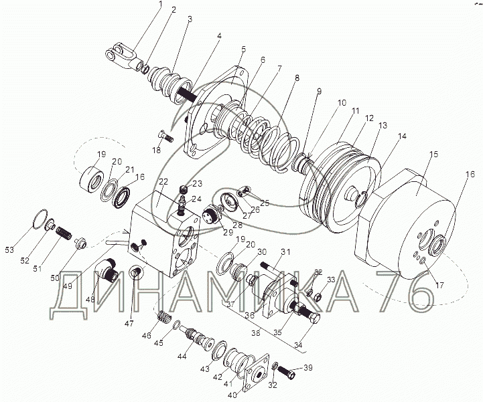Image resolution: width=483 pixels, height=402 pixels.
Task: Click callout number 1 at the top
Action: tap(161, 4)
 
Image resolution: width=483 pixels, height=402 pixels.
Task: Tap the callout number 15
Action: tap(433, 154)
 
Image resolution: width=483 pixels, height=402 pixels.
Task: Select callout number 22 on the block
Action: tap(163, 182)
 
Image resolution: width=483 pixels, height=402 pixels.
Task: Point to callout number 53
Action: tap(9, 249)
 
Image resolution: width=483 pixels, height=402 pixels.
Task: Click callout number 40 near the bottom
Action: tap(232, 395)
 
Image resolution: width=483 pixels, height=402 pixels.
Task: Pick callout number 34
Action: tap(297, 345)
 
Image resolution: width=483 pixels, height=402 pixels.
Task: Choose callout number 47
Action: tap(129, 324)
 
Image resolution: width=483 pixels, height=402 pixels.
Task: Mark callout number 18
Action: tap(157, 150)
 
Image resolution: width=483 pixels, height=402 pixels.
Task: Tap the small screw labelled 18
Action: tap(165, 136)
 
